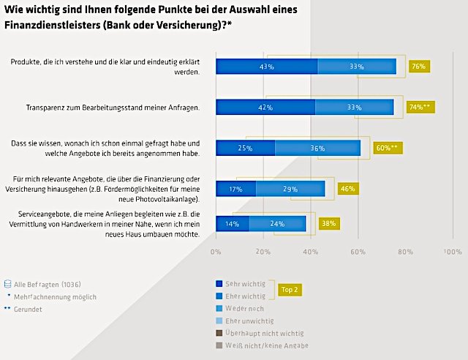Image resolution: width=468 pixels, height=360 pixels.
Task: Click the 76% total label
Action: coord(419,67)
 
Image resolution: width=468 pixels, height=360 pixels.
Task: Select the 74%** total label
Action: coord(421,107)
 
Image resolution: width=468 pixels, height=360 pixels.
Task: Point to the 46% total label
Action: coord(347,189)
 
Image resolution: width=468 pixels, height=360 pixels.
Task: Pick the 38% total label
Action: coord(329,224)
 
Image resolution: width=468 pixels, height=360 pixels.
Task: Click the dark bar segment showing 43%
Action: coord(266,67)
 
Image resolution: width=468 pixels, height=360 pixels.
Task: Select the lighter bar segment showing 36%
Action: coord(317,148)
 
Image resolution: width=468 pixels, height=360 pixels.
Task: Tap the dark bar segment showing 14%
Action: coord(232,224)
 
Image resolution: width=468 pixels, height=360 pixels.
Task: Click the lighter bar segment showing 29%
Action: coord(290,189)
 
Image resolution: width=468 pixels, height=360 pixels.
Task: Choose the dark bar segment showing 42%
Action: coord(265,107)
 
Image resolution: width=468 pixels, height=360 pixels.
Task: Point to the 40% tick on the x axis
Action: coord(311,251)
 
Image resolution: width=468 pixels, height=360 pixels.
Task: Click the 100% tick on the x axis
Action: coord(453,251)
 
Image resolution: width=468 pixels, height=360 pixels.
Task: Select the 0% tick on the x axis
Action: coord(216,251)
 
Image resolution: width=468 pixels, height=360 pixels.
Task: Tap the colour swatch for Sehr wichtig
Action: coord(219,283)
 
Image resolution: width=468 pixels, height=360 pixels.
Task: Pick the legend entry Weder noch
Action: coord(244,310)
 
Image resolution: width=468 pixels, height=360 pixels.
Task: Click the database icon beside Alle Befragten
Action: coord(9,283)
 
